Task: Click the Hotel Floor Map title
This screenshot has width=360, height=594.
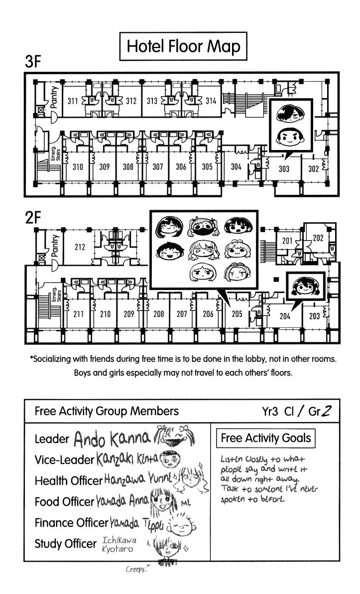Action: coord(184,47)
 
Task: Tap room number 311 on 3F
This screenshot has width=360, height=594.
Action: coord(73,101)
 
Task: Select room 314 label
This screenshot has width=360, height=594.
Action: coord(210,101)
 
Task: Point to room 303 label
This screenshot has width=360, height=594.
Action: coord(283,168)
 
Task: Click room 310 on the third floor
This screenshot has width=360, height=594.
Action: coord(78,167)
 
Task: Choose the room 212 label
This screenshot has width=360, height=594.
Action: coord(80,247)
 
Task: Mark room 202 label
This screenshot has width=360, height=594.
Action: coord(318,238)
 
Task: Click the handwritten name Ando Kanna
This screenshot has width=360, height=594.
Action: coord(112,439)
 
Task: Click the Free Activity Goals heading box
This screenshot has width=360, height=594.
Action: coord(266,439)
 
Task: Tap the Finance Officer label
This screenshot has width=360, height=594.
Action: coord(71,523)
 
